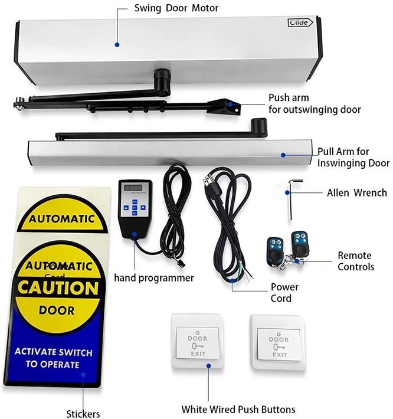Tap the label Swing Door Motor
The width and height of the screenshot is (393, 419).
point(176,9)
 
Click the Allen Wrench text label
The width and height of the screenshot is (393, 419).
point(356,192)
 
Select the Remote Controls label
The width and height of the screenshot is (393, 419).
point(355,261)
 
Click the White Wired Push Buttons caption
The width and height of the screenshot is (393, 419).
point(238,409)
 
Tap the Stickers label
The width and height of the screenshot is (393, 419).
point(83,413)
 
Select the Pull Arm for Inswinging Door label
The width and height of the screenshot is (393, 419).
point(353,157)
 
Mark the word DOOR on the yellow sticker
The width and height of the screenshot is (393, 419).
point(57,310)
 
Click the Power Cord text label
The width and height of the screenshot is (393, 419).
point(284,293)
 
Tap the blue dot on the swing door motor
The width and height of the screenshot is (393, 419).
point(117,44)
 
